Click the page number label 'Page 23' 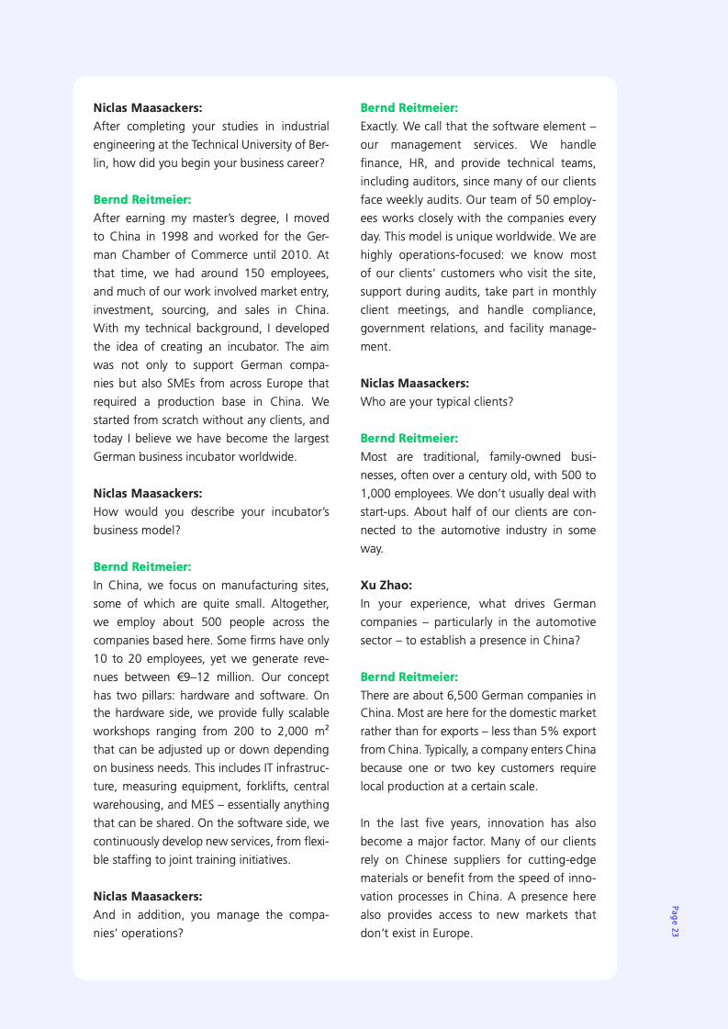(x=675, y=922)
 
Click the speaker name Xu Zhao (x=386, y=585)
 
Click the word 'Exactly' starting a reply (x=380, y=126)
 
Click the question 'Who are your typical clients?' (x=436, y=401)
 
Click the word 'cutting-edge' (x=562, y=860)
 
